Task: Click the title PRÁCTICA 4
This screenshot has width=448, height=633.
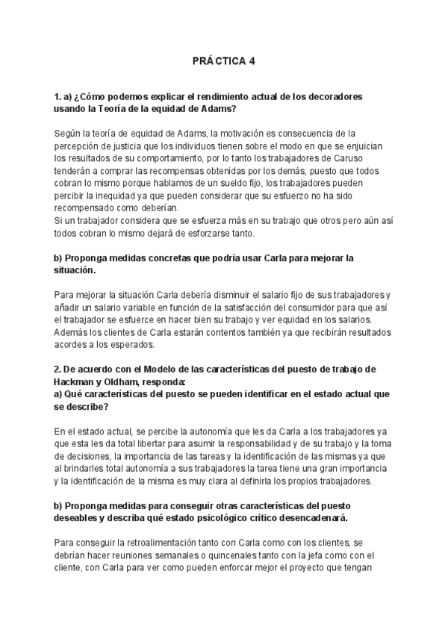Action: click(x=223, y=62)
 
